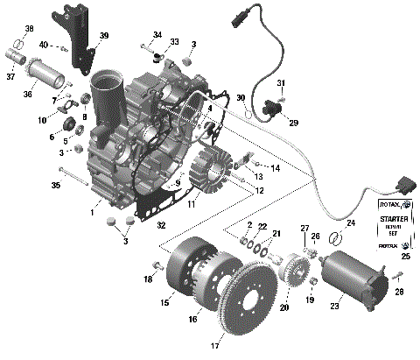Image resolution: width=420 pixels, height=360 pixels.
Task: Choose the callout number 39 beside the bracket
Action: tap(104, 36)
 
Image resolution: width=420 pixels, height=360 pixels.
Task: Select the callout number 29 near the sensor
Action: tap(293, 123)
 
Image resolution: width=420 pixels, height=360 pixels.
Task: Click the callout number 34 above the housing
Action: tap(157, 36)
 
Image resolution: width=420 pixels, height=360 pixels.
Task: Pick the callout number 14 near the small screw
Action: tap(276, 167)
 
